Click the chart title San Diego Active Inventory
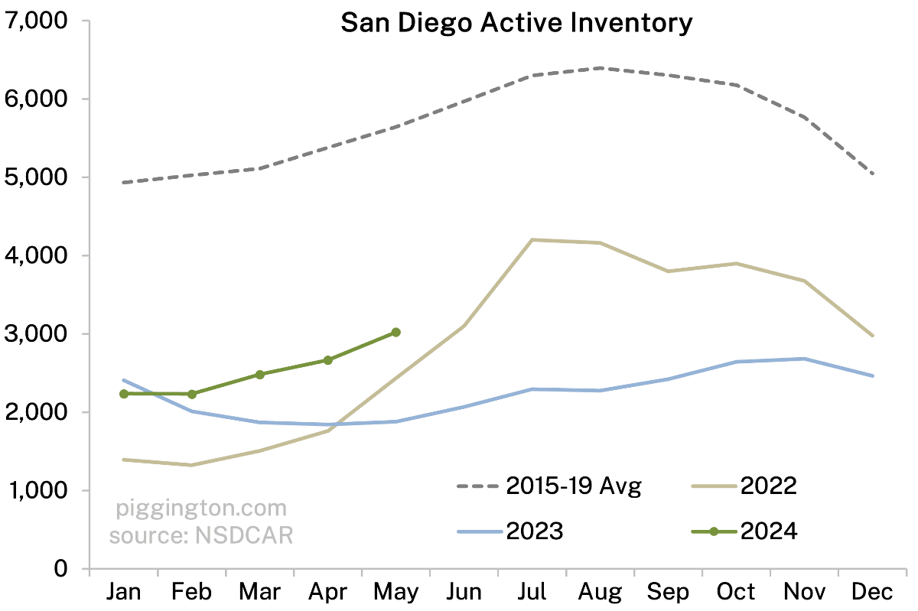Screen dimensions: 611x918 pos(516,23)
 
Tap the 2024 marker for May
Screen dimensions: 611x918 pos(396,332)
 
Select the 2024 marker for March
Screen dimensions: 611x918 pos(259,374)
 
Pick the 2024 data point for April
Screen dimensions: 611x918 pos(327,360)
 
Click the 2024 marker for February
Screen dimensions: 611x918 pos(191,393)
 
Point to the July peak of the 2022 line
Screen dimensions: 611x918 pos(532,240)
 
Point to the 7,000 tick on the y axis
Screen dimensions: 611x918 pos(37,21)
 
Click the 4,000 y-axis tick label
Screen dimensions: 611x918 pos(37,255)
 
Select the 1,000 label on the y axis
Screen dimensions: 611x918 pos(37,491)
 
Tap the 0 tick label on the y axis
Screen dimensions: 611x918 pos(60,569)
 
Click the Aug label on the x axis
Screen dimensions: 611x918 pos(600,591)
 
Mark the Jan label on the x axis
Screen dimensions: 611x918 pos(123,591)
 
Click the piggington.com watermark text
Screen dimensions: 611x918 pos(201,509)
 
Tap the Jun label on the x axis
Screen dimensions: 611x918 pos(464,591)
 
